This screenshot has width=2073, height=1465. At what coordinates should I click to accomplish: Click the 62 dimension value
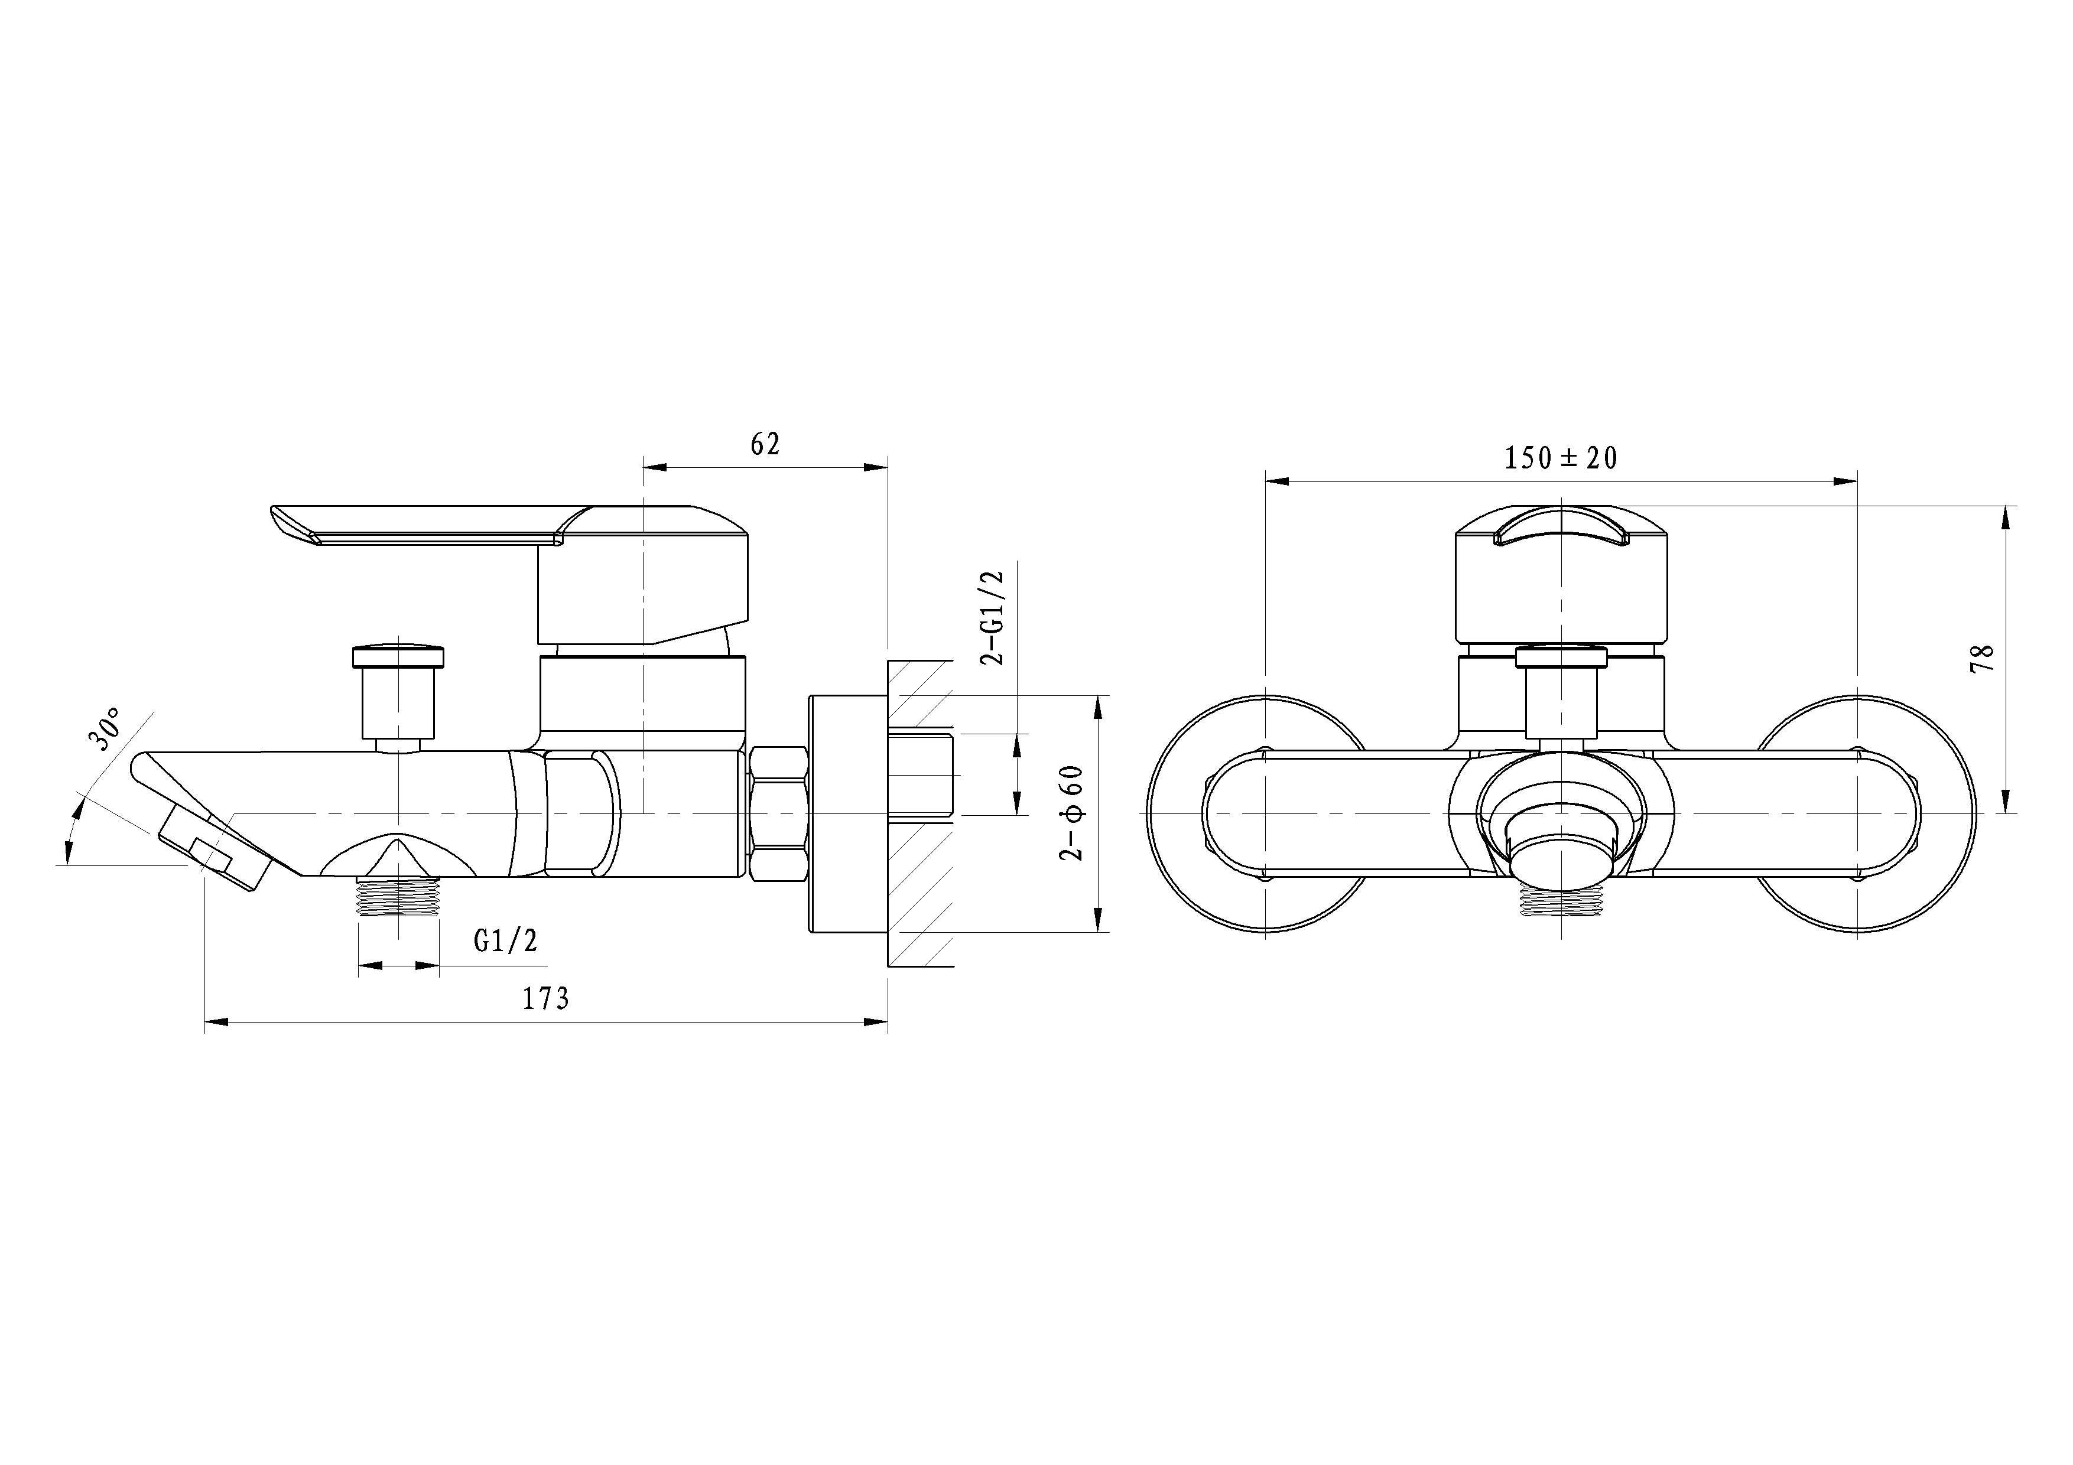765,444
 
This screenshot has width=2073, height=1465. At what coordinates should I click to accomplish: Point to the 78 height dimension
1983,658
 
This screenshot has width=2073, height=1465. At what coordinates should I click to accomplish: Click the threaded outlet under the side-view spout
398,897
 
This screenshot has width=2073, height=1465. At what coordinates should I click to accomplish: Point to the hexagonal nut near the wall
778,812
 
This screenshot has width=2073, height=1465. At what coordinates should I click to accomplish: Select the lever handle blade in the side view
415,523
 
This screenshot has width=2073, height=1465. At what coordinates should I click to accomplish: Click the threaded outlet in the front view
1561,900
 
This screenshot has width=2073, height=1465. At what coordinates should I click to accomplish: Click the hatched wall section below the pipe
921,894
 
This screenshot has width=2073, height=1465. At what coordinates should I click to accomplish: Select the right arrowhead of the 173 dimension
876,1022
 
